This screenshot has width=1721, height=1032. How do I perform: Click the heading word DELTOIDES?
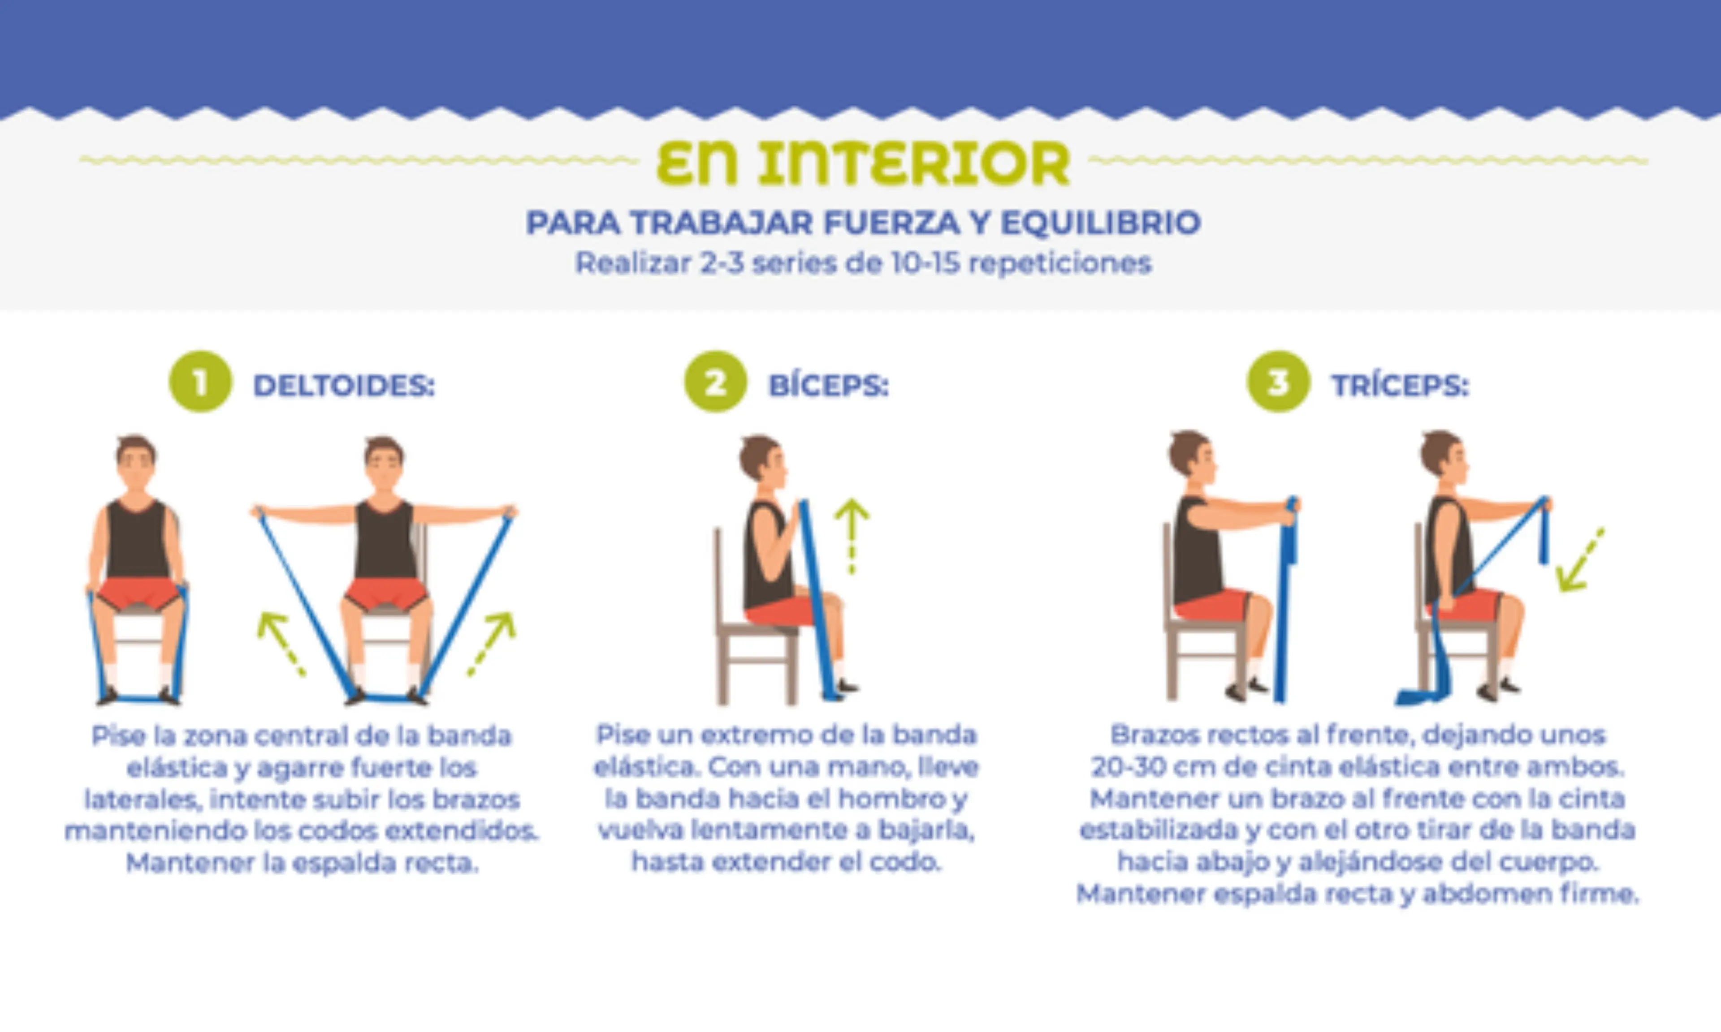344,385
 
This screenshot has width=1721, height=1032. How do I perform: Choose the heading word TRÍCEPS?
1400,385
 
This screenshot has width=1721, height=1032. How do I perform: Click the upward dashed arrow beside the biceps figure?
852,535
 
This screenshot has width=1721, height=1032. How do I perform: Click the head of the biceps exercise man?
762,459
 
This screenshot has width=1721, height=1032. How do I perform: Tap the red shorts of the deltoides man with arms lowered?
138,593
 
